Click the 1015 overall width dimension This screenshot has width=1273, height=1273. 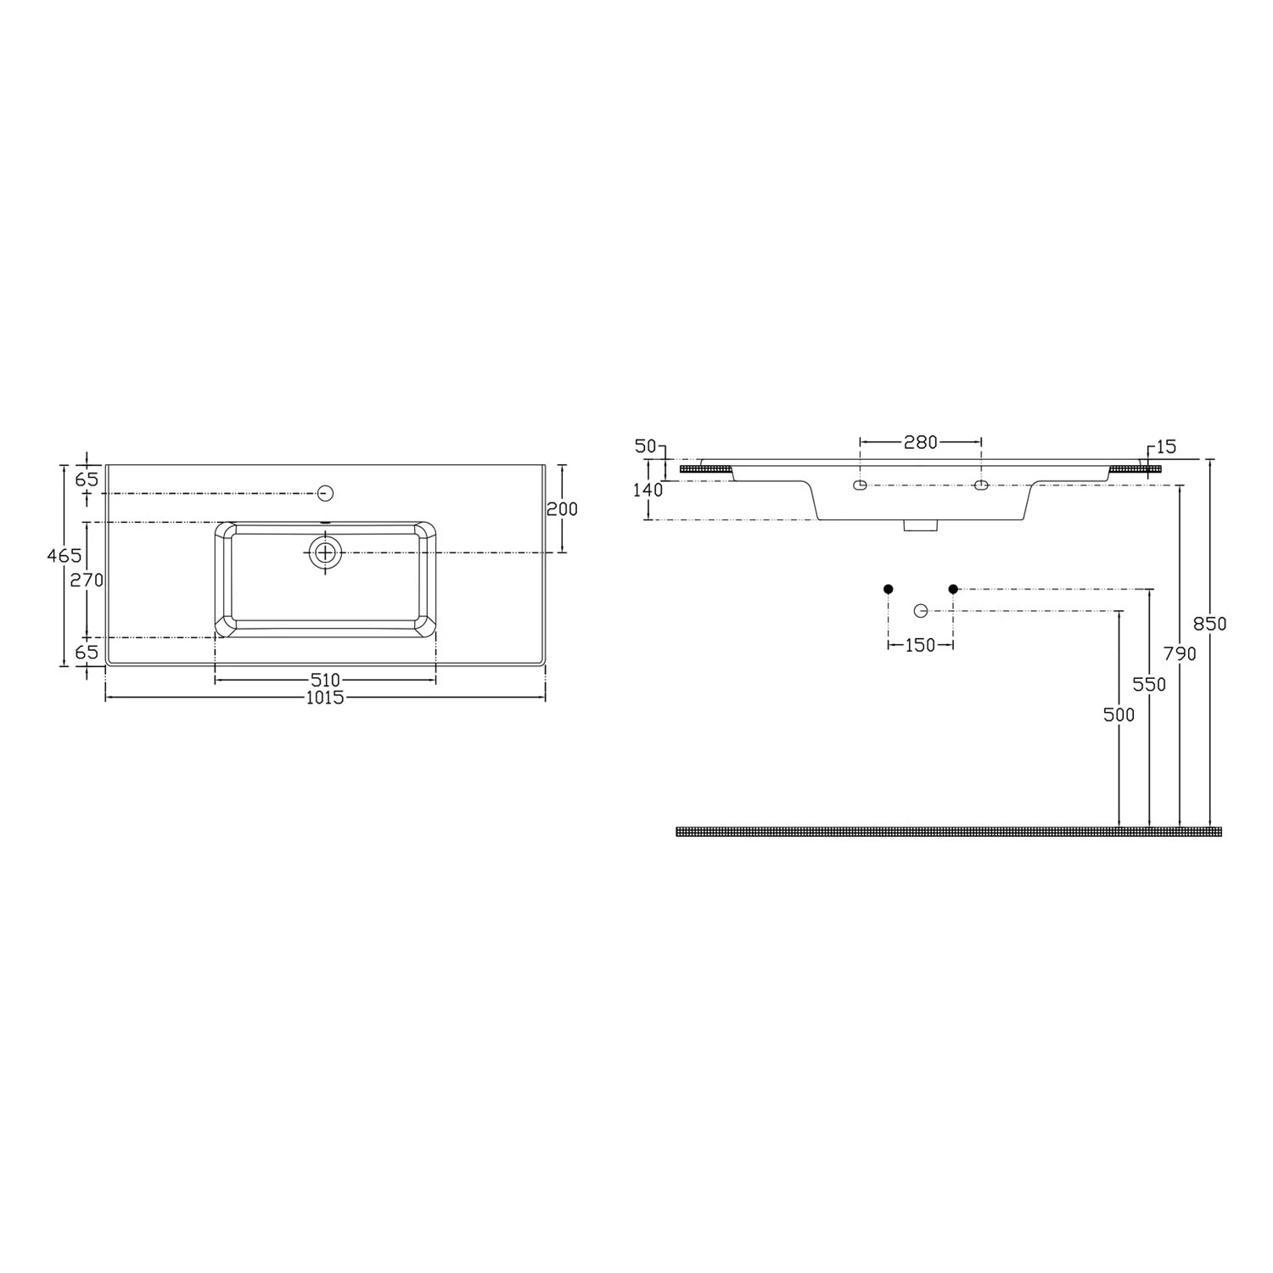click(x=325, y=698)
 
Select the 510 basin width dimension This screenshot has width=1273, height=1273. click(x=325, y=680)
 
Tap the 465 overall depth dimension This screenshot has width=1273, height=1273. click(x=64, y=556)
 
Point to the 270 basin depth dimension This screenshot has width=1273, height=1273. click(x=87, y=580)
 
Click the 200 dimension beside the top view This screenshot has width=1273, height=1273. click(x=562, y=509)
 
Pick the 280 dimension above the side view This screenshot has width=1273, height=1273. click(x=920, y=442)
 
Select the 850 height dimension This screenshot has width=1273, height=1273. click(x=1210, y=624)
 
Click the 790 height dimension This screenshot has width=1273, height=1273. click(x=1180, y=653)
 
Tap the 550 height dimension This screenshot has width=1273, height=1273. click(x=1150, y=684)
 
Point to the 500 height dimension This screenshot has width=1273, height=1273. click(x=1119, y=715)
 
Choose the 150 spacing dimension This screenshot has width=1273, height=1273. click(x=920, y=645)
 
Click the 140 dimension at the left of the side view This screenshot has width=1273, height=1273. click(x=648, y=490)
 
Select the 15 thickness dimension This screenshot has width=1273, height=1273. click(x=1166, y=446)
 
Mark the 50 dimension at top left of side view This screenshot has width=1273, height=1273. click(x=647, y=446)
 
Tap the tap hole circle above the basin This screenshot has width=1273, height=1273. click(x=325, y=493)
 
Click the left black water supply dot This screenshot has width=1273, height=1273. click(x=889, y=589)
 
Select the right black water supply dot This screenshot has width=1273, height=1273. click(x=953, y=589)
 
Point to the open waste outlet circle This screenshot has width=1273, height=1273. click(x=921, y=611)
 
